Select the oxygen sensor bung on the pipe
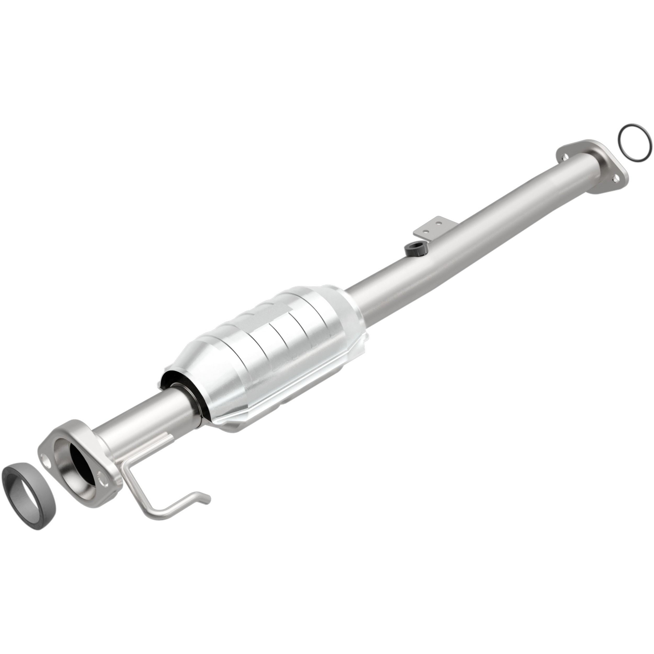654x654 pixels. [415, 250]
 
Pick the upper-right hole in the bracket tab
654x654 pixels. [439, 223]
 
